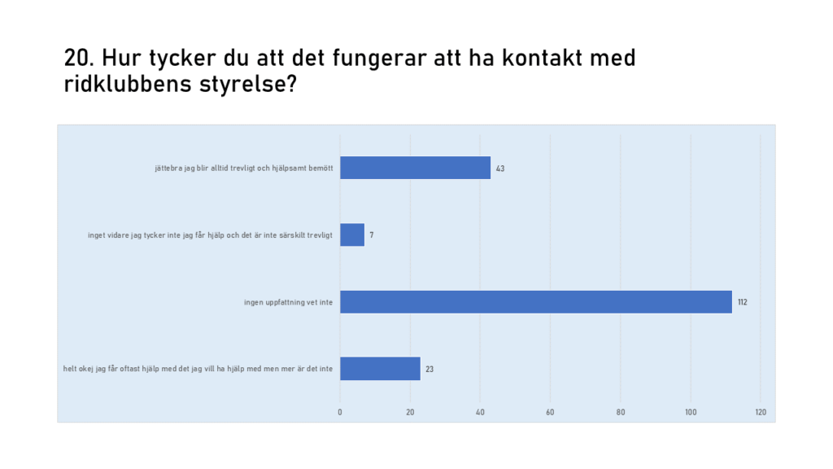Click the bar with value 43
pos(415,168)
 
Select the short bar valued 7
pos(352,234)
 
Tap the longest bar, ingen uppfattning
pos(536,301)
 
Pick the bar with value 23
pos(381,369)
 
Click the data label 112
pos(742,302)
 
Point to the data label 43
pos(500,169)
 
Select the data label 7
pos(371,235)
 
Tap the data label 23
pos(430,369)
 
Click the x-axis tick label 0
pos(340,412)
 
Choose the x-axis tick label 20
pos(410,412)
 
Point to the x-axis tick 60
pos(550,412)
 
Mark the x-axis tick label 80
pos(621,412)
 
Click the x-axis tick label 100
pos(691,412)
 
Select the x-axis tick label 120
pos(761,412)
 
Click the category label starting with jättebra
pos(244,168)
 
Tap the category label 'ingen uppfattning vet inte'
pos(289,302)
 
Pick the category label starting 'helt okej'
pos(198,369)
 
